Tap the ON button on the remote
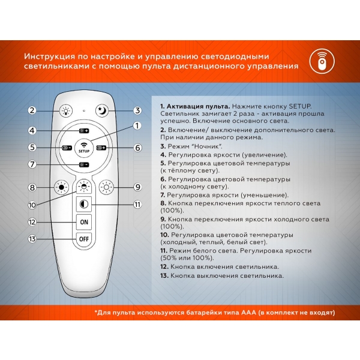tap(83, 221)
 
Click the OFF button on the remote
tap(83, 239)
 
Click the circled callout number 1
tap(137, 125)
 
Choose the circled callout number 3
tap(137, 110)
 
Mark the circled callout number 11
tap(137, 205)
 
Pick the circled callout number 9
tap(137, 187)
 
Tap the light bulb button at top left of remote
tap(64, 110)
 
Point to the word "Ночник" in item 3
tap(205, 146)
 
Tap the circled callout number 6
tap(137, 148)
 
